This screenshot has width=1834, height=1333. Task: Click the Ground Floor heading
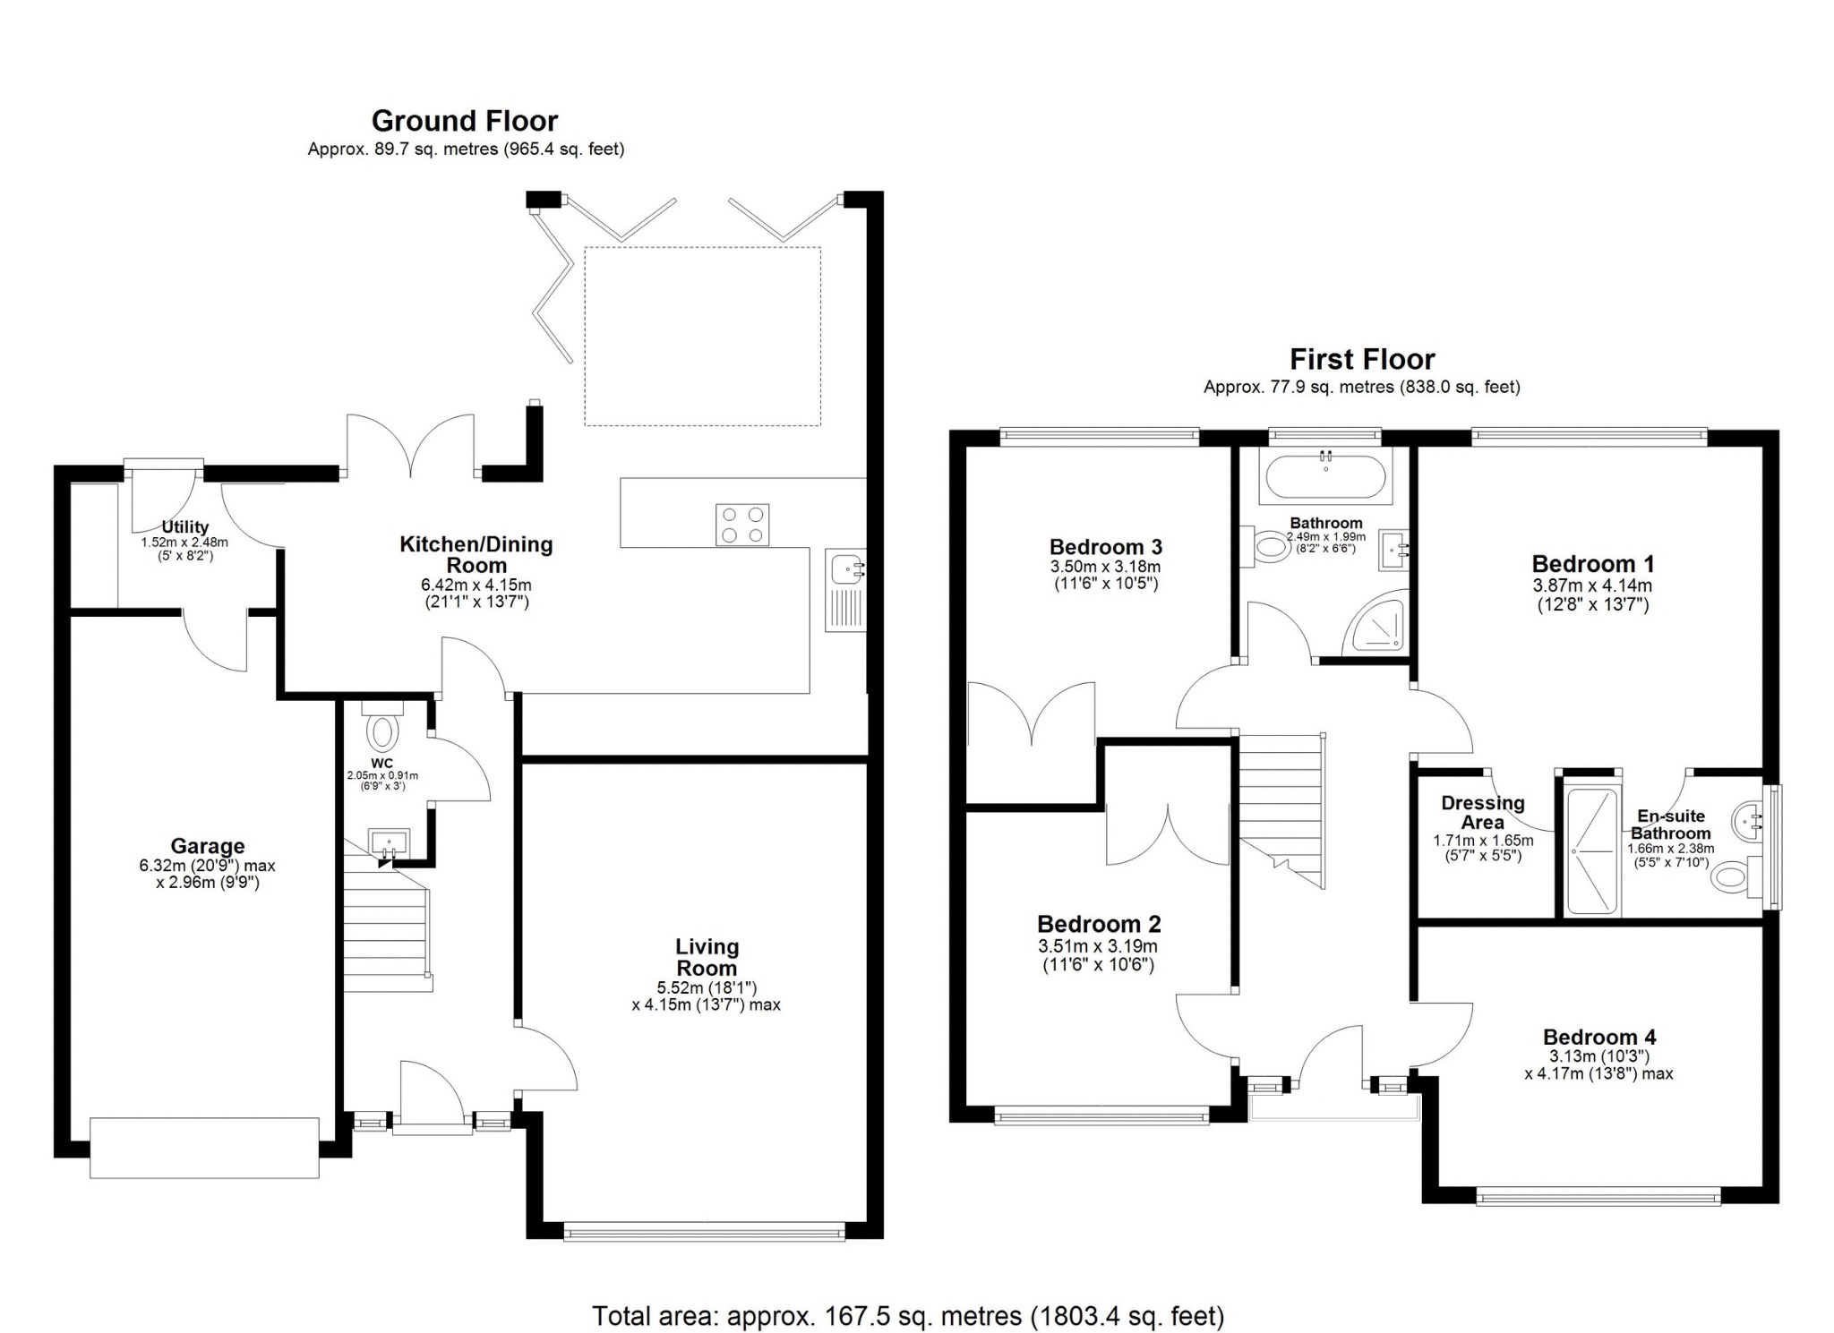click(465, 121)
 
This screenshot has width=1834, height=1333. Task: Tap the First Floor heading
click(1362, 360)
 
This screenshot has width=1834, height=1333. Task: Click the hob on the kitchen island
click(742, 525)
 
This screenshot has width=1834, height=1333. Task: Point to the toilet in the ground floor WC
click(382, 726)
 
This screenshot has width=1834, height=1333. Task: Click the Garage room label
click(208, 846)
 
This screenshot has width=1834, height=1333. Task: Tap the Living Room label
click(707, 957)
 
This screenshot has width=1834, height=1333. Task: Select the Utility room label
click(185, 527)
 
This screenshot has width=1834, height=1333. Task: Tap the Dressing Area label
click(1484, 813)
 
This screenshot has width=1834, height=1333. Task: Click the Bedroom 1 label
click(1593, 564)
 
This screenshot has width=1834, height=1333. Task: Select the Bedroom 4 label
click(1599, 1037)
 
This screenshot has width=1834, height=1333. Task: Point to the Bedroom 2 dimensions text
click(1099, 955)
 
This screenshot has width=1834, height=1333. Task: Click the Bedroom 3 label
click(1106, 547)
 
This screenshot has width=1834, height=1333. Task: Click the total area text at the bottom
click(908, 1316)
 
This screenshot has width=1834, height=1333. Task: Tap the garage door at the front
click(204, 1147)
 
